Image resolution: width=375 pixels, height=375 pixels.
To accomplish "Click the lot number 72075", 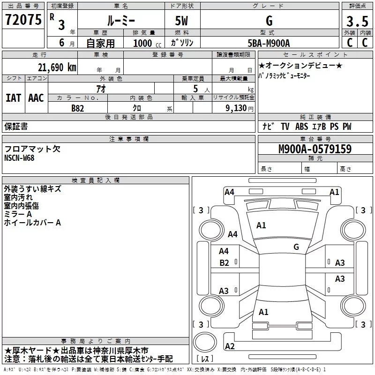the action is coord(23,21).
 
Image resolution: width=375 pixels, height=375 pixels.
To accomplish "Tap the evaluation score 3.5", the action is coord(357,22).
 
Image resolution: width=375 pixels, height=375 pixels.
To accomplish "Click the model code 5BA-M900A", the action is coord(269,43).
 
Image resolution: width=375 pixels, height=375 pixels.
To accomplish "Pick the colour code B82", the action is coord(78,108).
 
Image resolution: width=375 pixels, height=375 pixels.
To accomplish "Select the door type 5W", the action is coord(182,21).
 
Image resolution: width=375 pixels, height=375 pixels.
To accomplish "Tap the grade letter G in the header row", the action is coord(269,21).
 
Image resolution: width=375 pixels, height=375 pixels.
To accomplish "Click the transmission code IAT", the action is coord(13,98).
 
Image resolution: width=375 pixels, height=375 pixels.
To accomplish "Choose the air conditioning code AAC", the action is coord(36,98).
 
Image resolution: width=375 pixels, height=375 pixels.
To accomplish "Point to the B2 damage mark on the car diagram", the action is coord(225,263).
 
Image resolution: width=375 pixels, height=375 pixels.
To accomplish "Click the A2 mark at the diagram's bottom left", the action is coord(230,346).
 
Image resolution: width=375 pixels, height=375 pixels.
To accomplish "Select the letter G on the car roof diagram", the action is coord(296,247).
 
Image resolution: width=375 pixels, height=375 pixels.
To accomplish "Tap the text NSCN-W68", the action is coord(19,158).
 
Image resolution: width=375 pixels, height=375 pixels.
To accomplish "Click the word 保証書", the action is coord(16,127).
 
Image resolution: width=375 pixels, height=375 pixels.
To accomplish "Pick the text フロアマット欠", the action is coord(32,149).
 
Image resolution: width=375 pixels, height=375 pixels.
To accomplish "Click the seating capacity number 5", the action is coord(196,89).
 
